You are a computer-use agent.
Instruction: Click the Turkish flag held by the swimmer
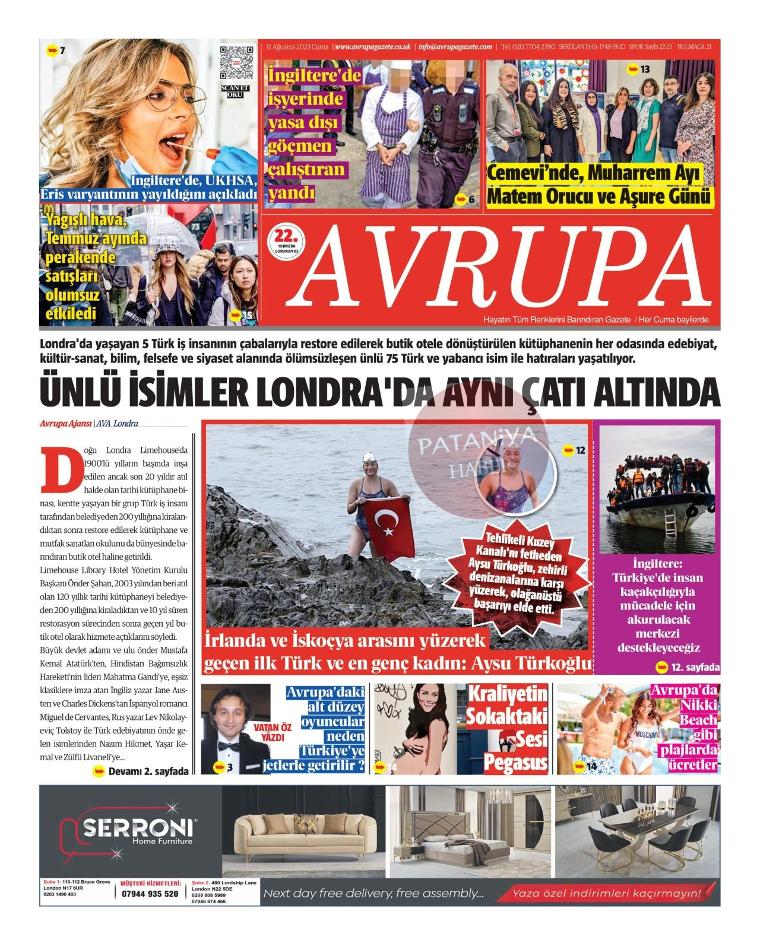pyautogui.click(x=389, y=529)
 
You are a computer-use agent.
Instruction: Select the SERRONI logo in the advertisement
pyautogui.click(x=138, y=828)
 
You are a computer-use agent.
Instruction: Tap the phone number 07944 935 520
pyautogui.click(x=150, y=894)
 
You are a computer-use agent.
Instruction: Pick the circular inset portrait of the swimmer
pyautogui.click(x=516, y=477)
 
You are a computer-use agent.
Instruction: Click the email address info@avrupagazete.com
pyautogui.click(x=455, y=47)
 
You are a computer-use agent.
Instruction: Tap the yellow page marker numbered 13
pyautogui.click(x=639, y=69)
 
